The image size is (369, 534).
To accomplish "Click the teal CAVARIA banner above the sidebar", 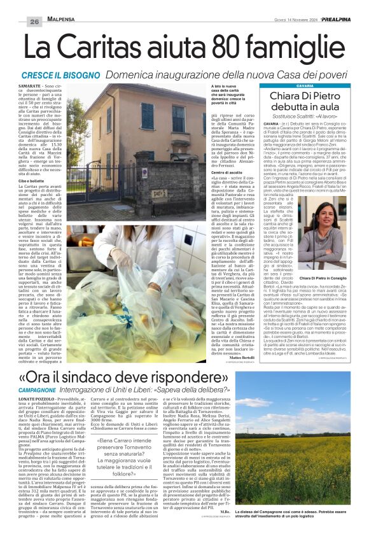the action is point(305,85).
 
